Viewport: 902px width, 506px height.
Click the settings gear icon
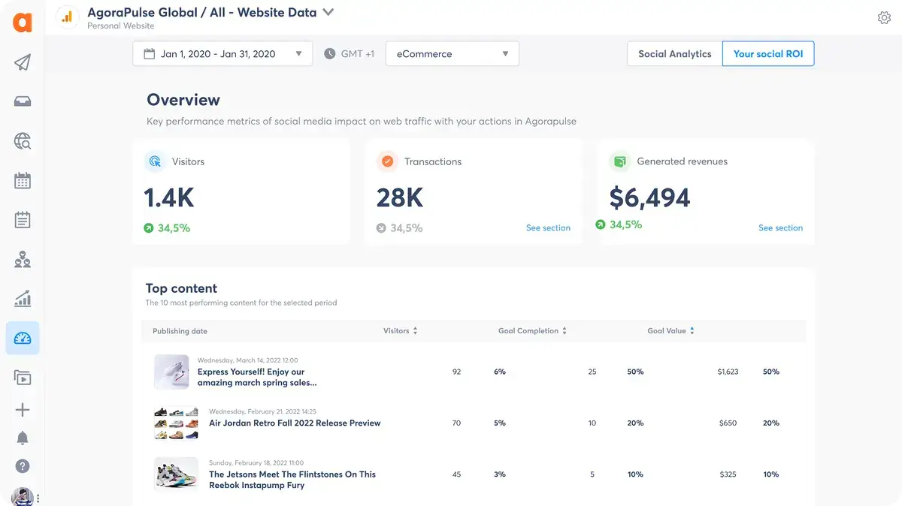pos(884,18)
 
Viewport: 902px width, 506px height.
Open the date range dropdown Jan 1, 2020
pos(222,54)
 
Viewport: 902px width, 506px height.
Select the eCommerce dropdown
pos(452,54)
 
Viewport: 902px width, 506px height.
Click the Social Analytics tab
pos(674,54)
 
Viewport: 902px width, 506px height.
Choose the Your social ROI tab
pos(767,54)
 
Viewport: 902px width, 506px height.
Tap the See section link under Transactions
pos(548,227)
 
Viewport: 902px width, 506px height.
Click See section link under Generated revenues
pos(780,227)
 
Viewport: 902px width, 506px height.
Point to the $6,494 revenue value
pos(649,197)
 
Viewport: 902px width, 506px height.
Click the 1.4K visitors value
pos(169,197)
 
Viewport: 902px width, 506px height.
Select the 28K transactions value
pos(400,197)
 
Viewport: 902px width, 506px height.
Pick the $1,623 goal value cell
pos(728,372)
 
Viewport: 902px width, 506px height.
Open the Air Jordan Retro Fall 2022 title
pos(295,423)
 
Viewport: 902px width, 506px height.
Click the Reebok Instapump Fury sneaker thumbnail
pos(176,474)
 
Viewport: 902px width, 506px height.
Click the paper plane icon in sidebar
pos(23,62)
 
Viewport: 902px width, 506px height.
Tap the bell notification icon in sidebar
pos(23,438)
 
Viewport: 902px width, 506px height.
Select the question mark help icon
pos(23,466)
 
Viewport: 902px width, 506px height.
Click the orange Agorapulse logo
pos(23,22)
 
